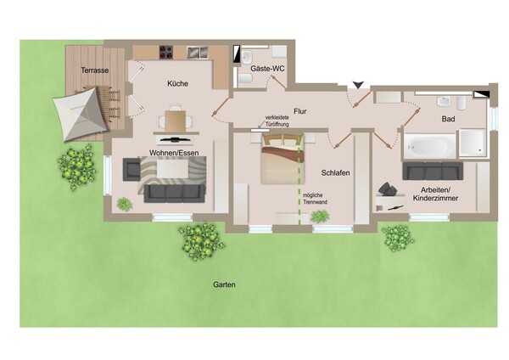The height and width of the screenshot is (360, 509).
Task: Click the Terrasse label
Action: [94, 70]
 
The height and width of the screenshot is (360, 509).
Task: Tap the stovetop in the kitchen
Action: [166, 53]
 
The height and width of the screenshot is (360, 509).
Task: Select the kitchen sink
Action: [198, 53]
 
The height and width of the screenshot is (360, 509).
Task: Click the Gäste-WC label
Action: [267, 69]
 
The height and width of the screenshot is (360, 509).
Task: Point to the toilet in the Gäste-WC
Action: [245, 79]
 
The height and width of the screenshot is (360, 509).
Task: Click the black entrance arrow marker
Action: [358, 85]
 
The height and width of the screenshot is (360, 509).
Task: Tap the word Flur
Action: [300, 111]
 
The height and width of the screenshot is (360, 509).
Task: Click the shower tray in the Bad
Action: [473, 143]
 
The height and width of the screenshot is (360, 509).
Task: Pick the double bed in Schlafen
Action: [282, 159]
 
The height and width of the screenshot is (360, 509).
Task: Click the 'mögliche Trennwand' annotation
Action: [315, 199]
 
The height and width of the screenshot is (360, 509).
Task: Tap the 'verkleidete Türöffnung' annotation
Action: [277, 121]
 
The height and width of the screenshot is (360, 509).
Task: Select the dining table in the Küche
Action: [176, 121]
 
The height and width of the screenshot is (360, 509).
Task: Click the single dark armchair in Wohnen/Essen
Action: [131, 169]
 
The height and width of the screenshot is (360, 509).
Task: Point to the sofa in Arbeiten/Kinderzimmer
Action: [433, 171]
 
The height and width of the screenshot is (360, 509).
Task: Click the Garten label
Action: [224, 284]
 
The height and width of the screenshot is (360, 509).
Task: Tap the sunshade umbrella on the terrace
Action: [81, 114]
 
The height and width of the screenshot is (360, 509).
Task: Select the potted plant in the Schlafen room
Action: [320, 217]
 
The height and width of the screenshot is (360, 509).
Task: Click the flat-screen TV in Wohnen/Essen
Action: [176, 140]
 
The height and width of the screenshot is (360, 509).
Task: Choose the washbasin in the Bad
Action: [443, 102]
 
